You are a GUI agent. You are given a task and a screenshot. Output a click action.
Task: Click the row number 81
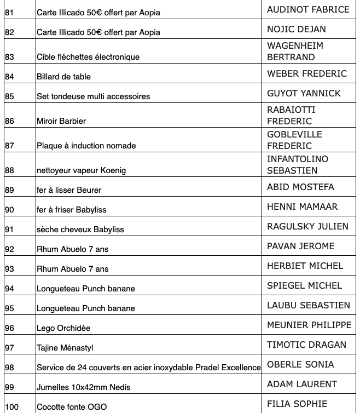pos(9,12)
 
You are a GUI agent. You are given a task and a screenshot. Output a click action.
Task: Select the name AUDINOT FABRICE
pos(307,9)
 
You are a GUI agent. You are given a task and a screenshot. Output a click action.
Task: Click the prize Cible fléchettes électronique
pos(88,57)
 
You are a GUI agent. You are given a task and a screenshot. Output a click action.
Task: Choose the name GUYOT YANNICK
pos(304,93)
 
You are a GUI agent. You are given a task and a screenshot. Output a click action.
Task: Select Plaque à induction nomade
pos(78,146)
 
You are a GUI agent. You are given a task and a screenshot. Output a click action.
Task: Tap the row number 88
pos(9,170)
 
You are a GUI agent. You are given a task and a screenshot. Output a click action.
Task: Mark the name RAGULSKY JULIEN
pos(307,226)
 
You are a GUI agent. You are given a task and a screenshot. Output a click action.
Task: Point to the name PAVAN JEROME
pos(300,246)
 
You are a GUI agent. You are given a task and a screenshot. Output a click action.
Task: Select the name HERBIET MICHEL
pos(305,266)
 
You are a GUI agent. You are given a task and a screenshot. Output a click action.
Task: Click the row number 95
pos(9,308)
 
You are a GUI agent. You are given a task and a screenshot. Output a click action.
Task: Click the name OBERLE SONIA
pos(300,364)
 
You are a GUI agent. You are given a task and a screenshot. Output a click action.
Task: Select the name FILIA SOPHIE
pos(297,404)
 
